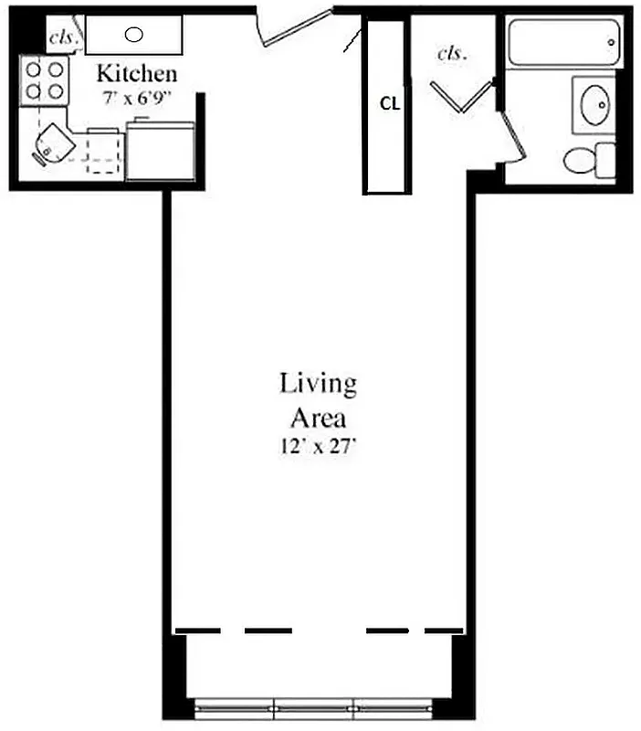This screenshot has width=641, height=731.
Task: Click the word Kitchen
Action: coord(137,73)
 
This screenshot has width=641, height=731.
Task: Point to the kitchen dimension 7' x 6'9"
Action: coord(137,93)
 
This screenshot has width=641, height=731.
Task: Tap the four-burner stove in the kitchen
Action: coord(44,79)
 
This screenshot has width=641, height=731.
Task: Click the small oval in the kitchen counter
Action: coord(133,36)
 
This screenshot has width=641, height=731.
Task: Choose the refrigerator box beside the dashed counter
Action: coord(160,152)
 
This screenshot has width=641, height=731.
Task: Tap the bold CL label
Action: coord(390,103)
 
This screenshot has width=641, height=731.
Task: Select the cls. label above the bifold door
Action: coord(452,53)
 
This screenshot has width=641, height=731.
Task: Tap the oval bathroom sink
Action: coord(594,105)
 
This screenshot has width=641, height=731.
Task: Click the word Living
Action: coord(318,384)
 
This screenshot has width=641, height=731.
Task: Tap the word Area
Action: coord(318,418)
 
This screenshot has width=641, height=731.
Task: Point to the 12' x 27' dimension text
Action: coord(318,448)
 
